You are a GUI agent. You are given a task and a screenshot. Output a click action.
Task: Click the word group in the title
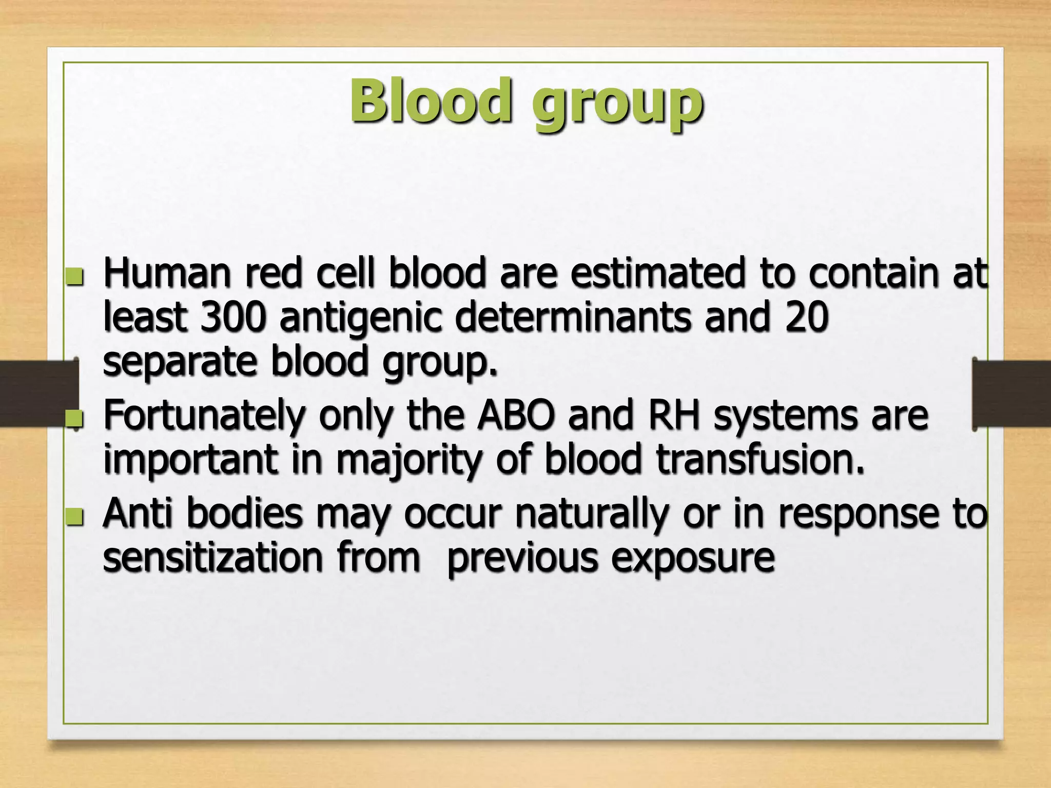coord(617,105)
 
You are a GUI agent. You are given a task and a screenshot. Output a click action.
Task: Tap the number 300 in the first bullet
coord(233,317)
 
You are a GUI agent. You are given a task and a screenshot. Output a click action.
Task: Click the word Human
coord(167,273)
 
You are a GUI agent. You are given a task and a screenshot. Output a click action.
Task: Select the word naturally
coord(592,515)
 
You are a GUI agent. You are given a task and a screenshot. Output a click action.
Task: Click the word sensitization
coord(212,558)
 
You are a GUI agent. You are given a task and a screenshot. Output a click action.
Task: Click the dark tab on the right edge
coord(1012,393)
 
